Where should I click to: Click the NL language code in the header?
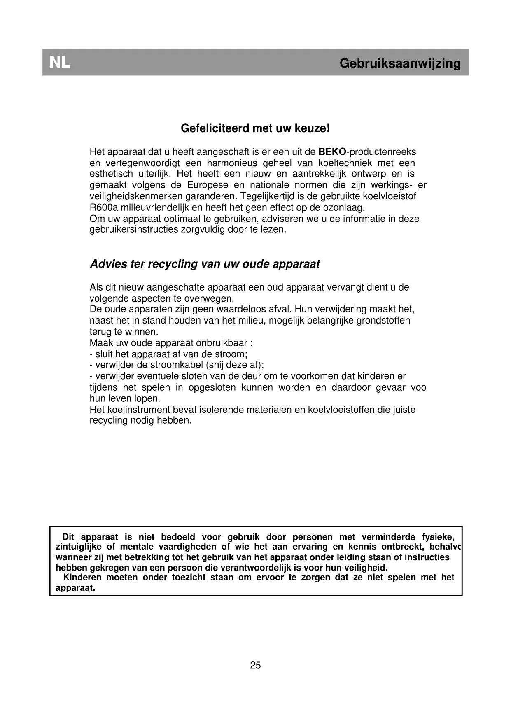pyautogui.click(x=60, y=63)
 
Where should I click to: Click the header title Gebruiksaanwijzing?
pyautogui.click(x=400, y=63)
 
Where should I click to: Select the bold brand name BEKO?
pyautogui.click(x=332, y=152)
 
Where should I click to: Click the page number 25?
pyautogui.click(x=255, y=665)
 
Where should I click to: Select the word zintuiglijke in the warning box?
pyautogui.click(x=78, y=547)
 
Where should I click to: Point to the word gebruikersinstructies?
pyautogui.click(x=134, y=230)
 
